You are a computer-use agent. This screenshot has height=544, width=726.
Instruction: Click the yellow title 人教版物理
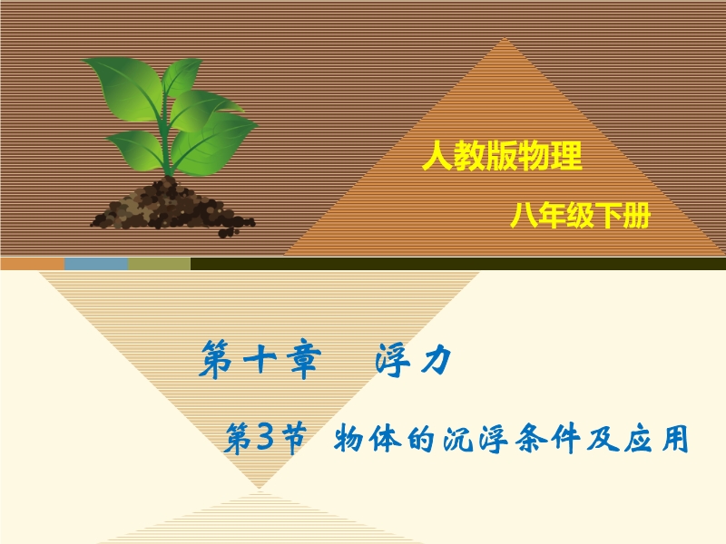point(503,155)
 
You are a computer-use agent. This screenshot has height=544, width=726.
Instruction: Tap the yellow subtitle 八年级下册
point(580,216)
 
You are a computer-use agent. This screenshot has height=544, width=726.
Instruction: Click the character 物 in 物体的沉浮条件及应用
point(348,438)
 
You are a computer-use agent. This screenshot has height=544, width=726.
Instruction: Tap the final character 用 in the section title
point(674,438)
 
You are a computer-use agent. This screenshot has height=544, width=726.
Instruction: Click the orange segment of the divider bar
point(33,264)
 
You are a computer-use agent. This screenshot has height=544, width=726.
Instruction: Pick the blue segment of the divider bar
point(96,264)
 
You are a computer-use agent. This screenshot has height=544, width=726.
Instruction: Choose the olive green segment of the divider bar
point(160,264)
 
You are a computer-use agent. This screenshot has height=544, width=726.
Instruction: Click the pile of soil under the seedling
point(172,208)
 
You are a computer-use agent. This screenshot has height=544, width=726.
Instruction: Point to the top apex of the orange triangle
point(505,38)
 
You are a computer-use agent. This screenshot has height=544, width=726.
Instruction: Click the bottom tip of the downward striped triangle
point(260,488)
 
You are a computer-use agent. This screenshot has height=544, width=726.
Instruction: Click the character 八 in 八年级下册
point(524,216)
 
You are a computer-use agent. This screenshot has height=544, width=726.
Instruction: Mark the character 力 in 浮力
point(436,359)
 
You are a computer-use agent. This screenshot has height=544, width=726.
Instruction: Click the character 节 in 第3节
point(291,438)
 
